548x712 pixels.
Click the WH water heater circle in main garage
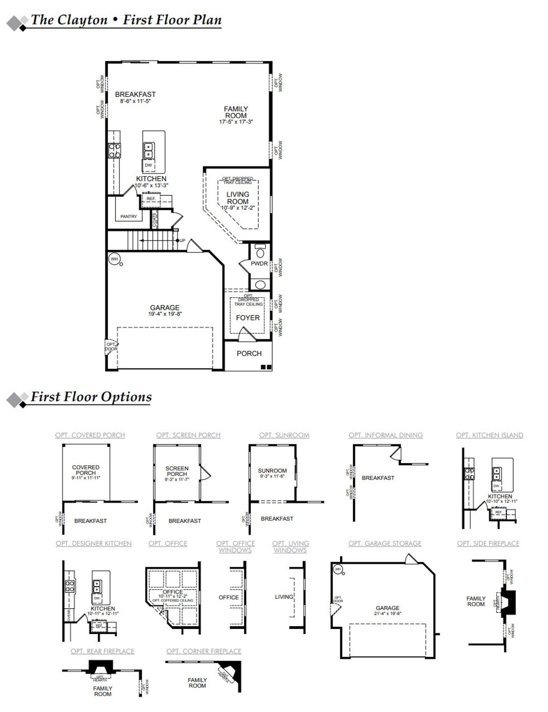coord(114,259)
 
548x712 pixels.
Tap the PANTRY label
coord(128,217)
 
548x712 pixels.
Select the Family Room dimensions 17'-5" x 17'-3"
coord(236,122)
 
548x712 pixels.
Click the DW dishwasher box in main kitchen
coord(148,165)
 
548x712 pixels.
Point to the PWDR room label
coord(259,264)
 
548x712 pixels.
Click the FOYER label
coord(248,318)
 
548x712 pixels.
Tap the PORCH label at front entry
coord(249,353)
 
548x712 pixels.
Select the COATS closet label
coord(155,220)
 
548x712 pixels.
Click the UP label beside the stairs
coord(182,241)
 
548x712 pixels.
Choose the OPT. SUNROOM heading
coord(284,435)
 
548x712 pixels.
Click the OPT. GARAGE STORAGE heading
coord(384,544)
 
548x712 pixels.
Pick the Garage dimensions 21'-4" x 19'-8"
coord(387,613)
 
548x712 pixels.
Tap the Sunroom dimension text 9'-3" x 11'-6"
coord(272,476)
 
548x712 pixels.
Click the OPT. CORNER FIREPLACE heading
coord(204,651)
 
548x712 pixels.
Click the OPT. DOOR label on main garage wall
coord(111,347)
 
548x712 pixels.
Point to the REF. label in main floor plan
coord(151,199)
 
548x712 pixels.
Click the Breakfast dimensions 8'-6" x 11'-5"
coord(135,102)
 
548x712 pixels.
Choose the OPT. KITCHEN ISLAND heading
coord(489,435)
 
